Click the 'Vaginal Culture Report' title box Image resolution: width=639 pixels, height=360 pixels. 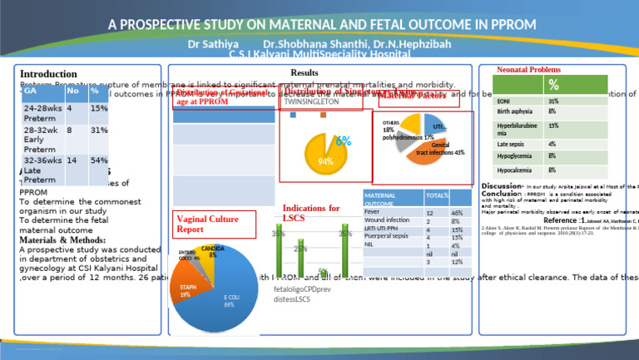(203, 224)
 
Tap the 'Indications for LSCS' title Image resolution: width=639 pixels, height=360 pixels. (311, 213)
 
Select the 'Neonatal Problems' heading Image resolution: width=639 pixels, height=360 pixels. (528, 70)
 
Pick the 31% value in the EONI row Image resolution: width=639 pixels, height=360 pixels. (553, 101)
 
